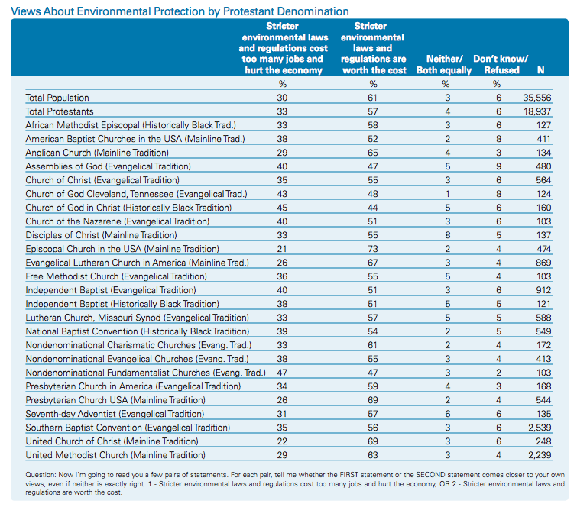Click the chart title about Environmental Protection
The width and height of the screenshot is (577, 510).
point(180,11)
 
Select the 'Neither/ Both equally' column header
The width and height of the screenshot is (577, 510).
point(444,65)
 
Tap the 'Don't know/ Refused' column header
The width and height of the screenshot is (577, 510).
point(501,65)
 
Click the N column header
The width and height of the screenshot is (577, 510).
point(540,70)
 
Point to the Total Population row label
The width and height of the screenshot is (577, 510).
point(57,98)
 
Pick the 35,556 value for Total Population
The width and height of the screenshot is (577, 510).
point(537,98)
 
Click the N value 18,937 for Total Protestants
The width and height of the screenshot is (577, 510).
point(537,111)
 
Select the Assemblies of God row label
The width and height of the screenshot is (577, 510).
point(109,166)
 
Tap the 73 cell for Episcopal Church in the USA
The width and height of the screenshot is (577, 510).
point(373,249)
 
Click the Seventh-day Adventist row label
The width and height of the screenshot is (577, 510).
point(115,414)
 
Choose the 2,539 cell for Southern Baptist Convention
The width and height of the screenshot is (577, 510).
point(540,428)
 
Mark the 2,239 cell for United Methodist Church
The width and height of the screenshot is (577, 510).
point(540,455)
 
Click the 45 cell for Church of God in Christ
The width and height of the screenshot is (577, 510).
point(282,208)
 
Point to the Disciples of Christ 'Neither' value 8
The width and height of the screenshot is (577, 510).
point(448,235)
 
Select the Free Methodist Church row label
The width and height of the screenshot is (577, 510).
point(116,276)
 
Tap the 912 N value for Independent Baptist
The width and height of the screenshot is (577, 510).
point(543,290)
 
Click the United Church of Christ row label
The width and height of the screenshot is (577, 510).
point(112,441)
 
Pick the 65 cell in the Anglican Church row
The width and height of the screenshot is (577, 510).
point(373,153)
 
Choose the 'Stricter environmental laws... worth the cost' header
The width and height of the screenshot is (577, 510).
point(373,48)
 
